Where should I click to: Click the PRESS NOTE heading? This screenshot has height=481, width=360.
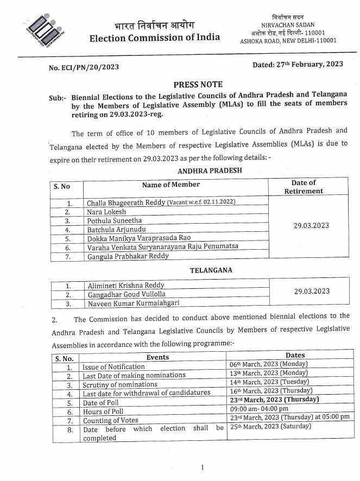pyautogui.click(x=197, y=85)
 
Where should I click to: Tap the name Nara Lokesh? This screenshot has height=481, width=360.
pyautogui.click(x=106, y=212)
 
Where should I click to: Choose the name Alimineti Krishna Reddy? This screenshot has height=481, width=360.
pyautogui.click(x=125, y=285)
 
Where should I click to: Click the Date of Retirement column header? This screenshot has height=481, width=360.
pyautogui.click(x=307, y=187)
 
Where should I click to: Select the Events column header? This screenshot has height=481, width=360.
pyautogui.click(x=158, y=357)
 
